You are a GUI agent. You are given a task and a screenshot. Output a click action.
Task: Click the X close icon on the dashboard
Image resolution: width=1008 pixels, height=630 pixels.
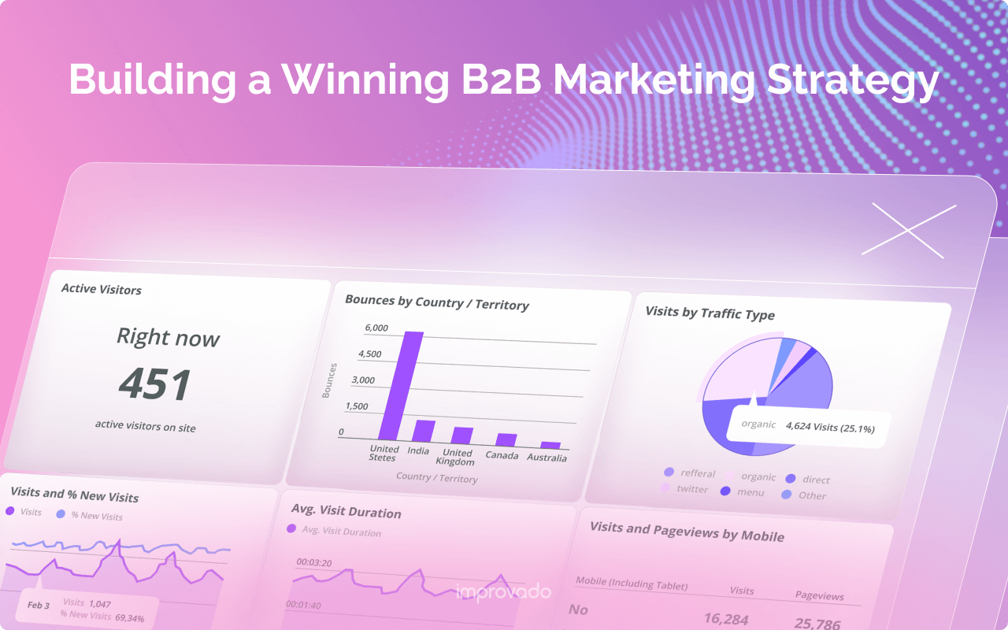(909, 230)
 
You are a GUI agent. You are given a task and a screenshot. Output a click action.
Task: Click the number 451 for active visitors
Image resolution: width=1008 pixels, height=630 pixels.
(155, 384)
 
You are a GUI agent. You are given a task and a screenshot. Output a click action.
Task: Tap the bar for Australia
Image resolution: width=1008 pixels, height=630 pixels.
(550, 445)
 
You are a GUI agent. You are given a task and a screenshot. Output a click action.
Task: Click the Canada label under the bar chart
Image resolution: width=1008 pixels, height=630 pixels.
(502, 455)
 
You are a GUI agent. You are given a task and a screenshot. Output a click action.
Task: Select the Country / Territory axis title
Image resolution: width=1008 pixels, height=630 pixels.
(436, 477)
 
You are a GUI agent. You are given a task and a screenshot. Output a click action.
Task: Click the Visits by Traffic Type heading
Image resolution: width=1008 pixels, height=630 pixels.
(710, 313)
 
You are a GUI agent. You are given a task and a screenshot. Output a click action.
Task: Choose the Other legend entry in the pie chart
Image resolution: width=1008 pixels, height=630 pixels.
(811, 495)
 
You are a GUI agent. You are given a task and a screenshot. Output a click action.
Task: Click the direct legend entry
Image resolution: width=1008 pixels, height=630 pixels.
(815, 480)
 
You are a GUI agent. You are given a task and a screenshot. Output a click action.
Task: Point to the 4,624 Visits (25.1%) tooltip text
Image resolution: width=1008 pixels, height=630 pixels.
(830, 429)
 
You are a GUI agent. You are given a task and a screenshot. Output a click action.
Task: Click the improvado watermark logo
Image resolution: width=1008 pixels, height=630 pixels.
(503, 591)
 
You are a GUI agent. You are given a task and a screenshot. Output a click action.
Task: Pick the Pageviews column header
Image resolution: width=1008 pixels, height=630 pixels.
(819, 595)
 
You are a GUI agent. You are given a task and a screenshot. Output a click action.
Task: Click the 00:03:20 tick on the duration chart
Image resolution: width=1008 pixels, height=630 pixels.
(313, 562)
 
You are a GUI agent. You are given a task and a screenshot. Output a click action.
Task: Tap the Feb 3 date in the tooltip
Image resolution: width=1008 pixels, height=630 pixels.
(39, 605)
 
